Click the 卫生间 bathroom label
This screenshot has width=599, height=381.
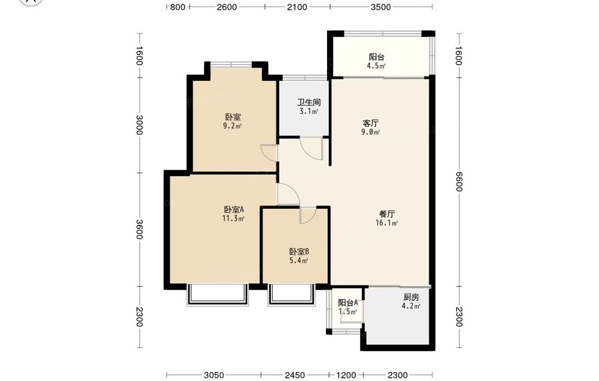tap(309, 102)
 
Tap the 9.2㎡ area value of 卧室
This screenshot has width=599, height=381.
tap(232, 126)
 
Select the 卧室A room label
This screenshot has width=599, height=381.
tap(234, 209)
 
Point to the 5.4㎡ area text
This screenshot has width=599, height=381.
tap(299, 261)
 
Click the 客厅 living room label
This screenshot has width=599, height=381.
tap(371, 123)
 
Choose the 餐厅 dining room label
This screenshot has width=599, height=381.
tap(387, 214)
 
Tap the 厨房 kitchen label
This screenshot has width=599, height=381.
tap(411, 297)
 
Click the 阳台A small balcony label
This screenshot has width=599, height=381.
tap(348, 303)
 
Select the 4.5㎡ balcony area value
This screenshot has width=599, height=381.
tap(376, 66)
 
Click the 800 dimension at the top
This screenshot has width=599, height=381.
tap(178, 7)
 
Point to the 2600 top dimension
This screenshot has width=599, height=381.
tap(227, 7)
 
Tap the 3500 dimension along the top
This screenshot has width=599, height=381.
tap(381, 7)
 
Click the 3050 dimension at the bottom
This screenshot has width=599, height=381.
tap(214, 375)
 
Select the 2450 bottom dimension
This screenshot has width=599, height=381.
tap(295, 375)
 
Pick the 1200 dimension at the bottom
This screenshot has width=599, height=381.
tap(346, 375)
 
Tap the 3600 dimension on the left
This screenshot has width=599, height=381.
tap(139, 229)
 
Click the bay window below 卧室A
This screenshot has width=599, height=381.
tap(217, 295)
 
